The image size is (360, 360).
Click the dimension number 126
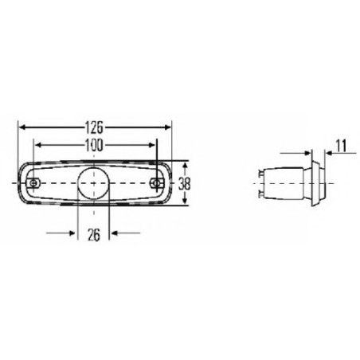pyautogui.click(x=95, y=126)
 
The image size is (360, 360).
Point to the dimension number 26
pyautogui.click(x=94, y=234)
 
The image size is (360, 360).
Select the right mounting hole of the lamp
pyautogui.click(x=158, y=183)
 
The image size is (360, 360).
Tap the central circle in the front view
pyautogui.click(x=94, y=182)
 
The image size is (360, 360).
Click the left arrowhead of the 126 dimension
pyautogui.click(x=22, y=126)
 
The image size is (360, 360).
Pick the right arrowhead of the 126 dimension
pyautogui.click(x=167, y=126)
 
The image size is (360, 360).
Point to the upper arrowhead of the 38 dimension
pyautogui.click(x=185, y=162)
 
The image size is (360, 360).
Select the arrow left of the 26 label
pyautogui.click(x=72, y=234)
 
